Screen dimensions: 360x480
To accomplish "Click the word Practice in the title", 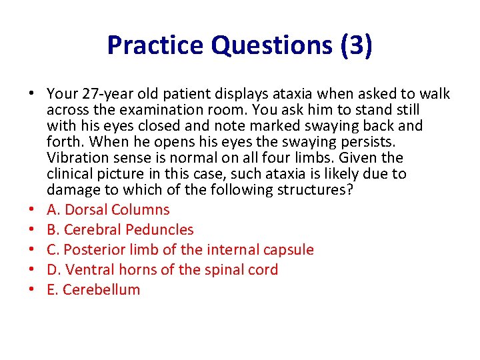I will [x=155, y=45].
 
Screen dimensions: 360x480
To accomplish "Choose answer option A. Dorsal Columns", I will [x=108, y=210].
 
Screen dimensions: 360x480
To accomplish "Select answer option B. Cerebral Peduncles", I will [x=120, y=230].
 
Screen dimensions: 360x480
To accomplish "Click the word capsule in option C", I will [x=286, y=250].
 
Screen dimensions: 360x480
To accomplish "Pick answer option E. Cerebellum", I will [x=93, y=290].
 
